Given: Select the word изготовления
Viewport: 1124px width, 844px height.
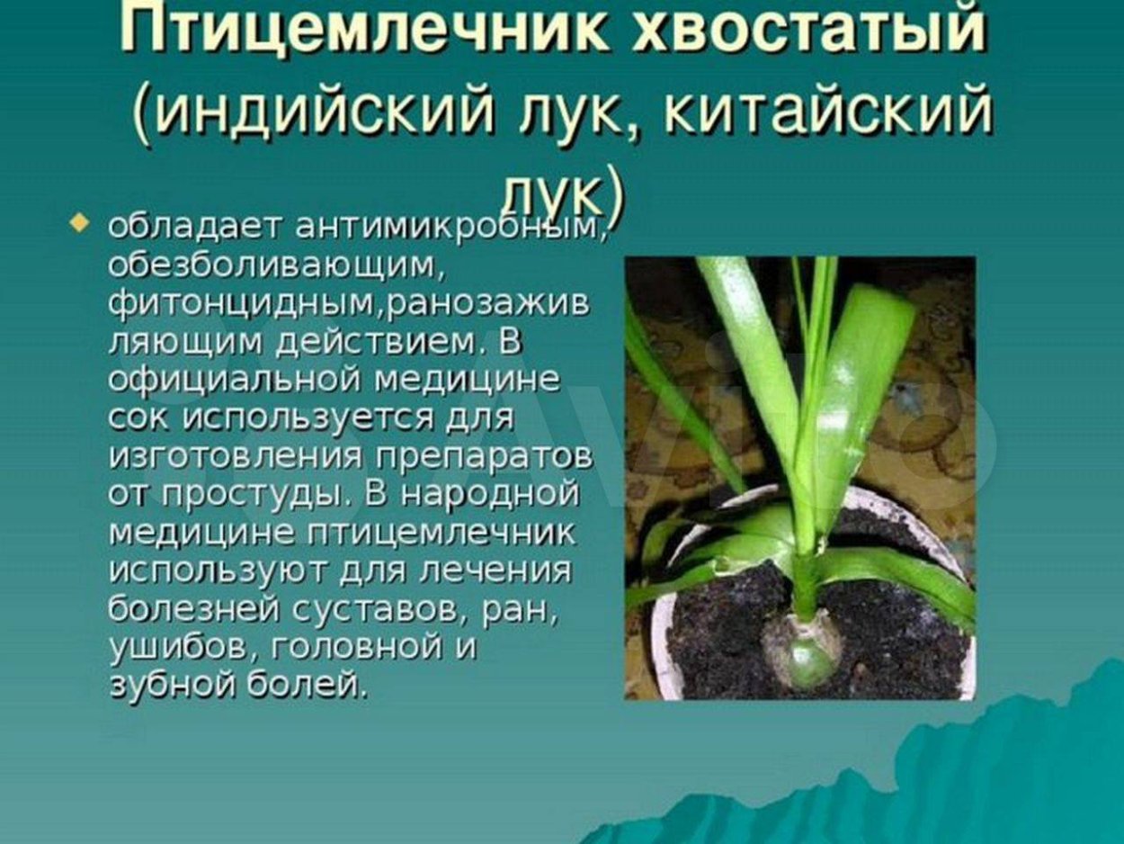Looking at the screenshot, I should click(x=228, y=457).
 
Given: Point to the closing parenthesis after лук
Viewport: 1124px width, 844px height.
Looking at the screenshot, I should click(x=613, y=194).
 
